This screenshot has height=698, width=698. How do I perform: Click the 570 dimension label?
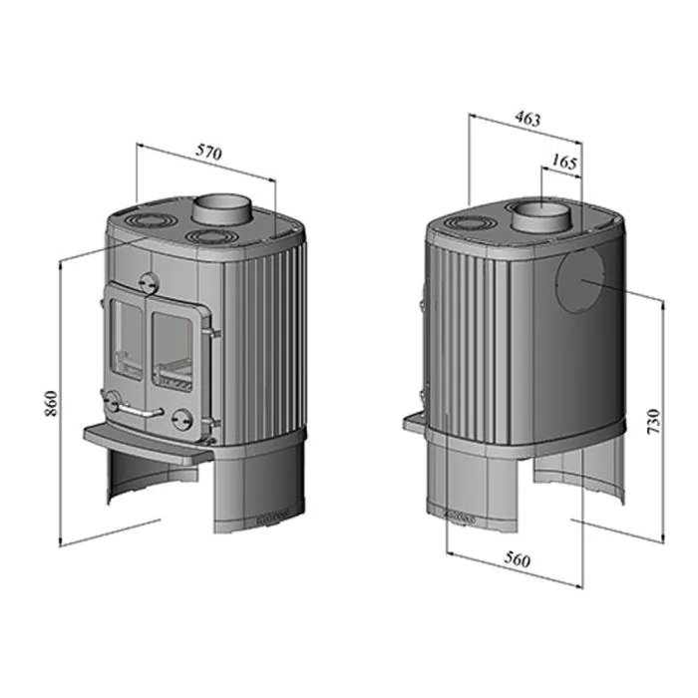click(208, 153)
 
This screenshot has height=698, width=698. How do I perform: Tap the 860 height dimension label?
click(52, 403)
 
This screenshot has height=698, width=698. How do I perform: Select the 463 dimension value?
click(527, 119)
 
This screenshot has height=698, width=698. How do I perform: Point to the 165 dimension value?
click(564, 162)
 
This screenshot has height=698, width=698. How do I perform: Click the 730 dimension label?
click(652, 423)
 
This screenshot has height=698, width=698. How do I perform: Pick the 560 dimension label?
click(518, 559)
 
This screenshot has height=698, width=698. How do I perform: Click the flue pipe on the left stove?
click(222, 209)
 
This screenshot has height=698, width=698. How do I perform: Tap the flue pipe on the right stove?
click(541, 216)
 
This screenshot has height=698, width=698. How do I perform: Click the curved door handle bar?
click(139, 411)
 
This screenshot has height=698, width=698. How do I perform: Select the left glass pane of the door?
click(127, 339)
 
